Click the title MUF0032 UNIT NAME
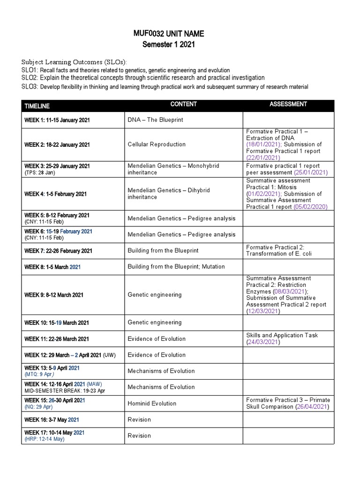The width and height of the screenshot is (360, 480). click(x=169, y=34)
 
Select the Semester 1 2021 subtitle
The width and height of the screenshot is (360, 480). click(x=169, y=45)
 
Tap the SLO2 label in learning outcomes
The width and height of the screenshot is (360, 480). click(x=30, y=78)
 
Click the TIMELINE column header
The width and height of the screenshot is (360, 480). click(x=37, y=106)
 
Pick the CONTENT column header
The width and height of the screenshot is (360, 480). click(x=183, y=104)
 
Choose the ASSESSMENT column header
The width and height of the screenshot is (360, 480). click(x=288, y=104)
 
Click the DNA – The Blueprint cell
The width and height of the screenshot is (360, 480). click(x=156, y=120)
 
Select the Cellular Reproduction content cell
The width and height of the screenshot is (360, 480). click(x=157, y=144)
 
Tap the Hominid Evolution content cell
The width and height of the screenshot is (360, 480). click(x=152, y=404)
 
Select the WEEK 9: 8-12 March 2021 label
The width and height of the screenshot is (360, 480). click(x=54, y=295)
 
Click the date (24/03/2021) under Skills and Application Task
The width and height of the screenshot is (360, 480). click(x=263, y=342)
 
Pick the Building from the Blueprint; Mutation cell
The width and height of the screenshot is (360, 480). click(x=176, y=267)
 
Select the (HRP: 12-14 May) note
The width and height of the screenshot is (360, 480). click(x=45, y=439)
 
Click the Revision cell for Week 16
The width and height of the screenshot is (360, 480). click(x=139, y=420)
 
